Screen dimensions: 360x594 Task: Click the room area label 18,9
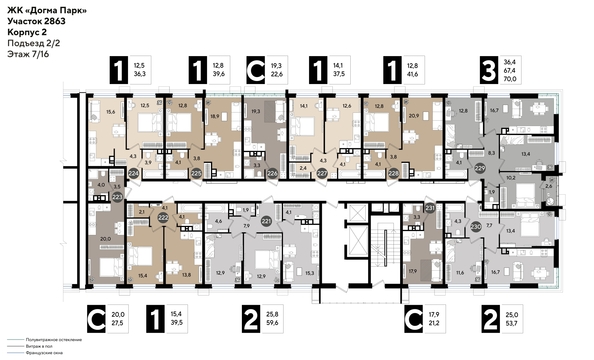[213, 117]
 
